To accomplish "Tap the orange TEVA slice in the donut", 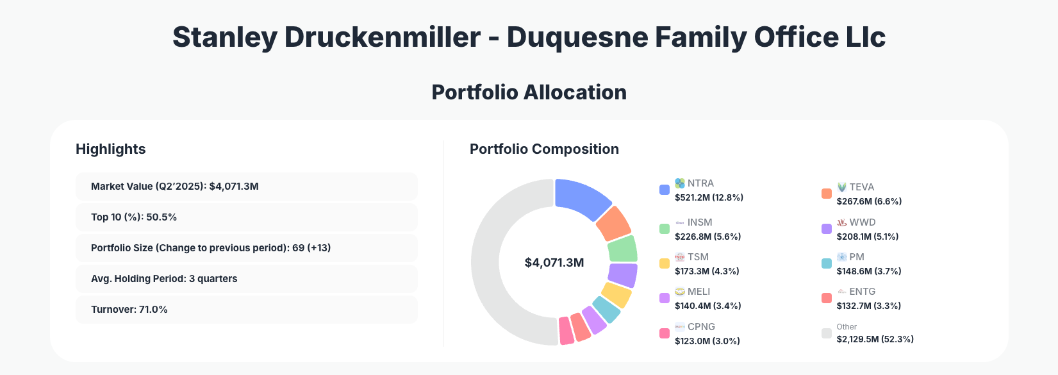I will pyautogui.click(x=613, y=223).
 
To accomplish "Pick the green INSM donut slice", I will pyautogui.click(x=622, y=249).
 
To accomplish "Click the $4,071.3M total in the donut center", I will pyautogui.click(x=554, y=263).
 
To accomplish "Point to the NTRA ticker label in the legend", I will pyautogui.click(x=700, y=183).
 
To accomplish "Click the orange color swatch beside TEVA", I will pyautogui.click(x=827, y=194).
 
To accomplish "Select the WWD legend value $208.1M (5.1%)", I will pyautogui.click(x=868, y=237).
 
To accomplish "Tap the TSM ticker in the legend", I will pyautogui.click(x=698, y=257).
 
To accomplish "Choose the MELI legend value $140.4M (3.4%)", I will pyautogui.click(x=708, y=306).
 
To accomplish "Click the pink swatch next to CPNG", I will pyautogui.click(x=665, y=333).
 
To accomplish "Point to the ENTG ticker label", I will pyautogui.click(x=862, y=292).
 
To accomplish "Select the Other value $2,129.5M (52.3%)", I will pyautogui.click(x=875, y=339).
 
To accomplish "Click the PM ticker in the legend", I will pyautogui.click(x=857, y=257).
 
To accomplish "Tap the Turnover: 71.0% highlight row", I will pyautogui.click(x=246, y=310).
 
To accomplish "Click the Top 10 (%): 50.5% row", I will pyautogui.click(x=246, y=217).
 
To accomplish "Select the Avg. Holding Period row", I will pyautogui.click(x=246, y=279).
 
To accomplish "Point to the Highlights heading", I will pyautogui.click(x=111, y=149).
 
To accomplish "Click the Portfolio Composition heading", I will pyautogui.click(x=544, y=149).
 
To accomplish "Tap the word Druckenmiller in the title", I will pyautogui.click(x=382, y=37).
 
